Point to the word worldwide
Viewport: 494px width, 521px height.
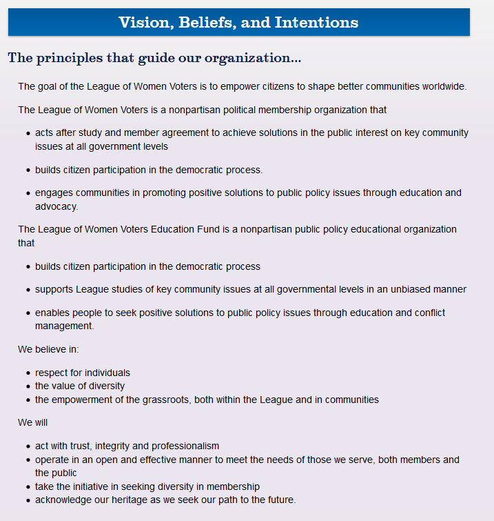point(444,86)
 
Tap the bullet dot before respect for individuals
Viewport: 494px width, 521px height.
point(28,373)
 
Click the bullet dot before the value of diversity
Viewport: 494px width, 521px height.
point(28,386)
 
